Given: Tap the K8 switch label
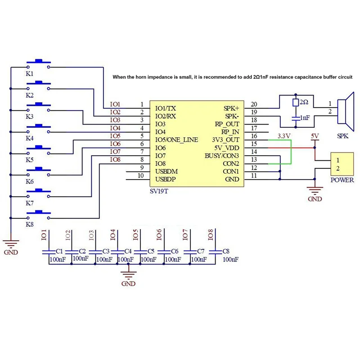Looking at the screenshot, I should point(30,225).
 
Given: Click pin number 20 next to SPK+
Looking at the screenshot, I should point(254,104).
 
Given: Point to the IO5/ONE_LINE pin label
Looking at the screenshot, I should point(176,140).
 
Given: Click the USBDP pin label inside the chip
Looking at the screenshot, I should point(165,179).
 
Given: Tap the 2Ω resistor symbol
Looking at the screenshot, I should point(295,103).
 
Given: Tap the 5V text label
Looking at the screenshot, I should point(315,135).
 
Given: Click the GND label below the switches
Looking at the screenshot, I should point(11,252).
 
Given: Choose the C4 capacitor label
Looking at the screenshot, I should point(128,251).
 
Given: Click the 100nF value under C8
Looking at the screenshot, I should point(230,260).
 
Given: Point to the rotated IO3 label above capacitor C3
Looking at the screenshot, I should point(91,234).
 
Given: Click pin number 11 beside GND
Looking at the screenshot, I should point(254,175).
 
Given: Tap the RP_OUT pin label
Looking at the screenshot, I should point(228,124).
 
